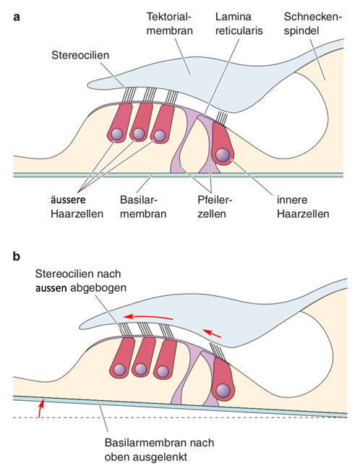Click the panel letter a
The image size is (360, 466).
coord(17,17)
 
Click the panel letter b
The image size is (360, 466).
coord(17,255)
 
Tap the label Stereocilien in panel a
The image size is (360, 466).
coord(80,55)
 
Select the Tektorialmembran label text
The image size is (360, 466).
coord(169,23)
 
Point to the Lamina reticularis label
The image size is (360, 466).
coord(239,23)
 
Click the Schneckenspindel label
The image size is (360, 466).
coord(313,23)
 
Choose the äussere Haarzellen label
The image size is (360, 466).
coord(77,206)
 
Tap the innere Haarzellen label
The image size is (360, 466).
coord(303,206)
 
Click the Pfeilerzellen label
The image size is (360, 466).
coord(215,206)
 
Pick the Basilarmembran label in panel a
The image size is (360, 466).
coord(143,206)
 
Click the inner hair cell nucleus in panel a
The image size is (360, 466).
coord(223,155)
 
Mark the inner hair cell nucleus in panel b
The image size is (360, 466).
coord(223,389)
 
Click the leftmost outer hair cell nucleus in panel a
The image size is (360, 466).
coord(116,134)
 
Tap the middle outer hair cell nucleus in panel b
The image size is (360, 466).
coord(140,369)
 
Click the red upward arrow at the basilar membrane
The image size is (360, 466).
coord(40,408)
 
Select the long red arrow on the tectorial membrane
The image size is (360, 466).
coord(147,317)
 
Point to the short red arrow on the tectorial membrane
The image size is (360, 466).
coord(212,333)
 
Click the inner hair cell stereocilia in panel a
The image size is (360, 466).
coord(221,118)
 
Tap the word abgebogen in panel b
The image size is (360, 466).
coord(98,288)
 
